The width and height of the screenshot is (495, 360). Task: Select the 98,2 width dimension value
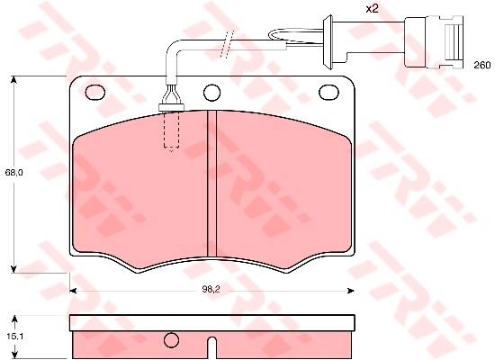coord(211,289)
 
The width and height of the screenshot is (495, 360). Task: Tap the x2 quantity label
coord(372,8)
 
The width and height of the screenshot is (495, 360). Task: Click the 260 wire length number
coord(482,65)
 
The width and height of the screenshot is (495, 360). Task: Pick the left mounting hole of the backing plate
coord(95,93)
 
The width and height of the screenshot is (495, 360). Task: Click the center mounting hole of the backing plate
coord(211,93)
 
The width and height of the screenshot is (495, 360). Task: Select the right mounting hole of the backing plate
coord(328,93)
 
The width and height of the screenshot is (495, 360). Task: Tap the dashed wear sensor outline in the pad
coord(171,130)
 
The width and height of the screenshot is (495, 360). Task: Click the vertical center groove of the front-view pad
coord(211,184)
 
